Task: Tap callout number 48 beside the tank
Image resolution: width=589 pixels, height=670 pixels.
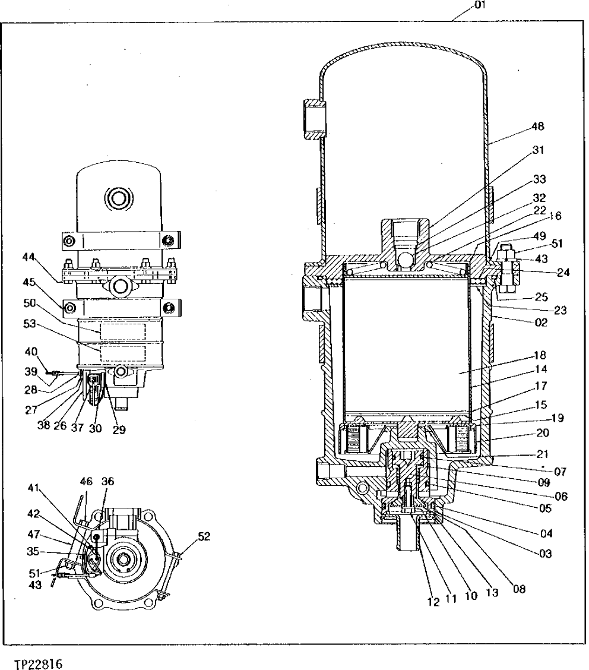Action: tap(538, 127)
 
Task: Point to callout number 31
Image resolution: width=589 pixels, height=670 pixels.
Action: tap(538, 150)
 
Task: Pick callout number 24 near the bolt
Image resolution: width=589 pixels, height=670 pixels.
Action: tap(563, 274)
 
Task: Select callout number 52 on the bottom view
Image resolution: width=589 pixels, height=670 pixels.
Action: tap(204, 536)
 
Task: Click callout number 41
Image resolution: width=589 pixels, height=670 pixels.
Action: tap(33, 488)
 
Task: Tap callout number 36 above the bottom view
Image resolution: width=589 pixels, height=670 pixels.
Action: tap(107, 482)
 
